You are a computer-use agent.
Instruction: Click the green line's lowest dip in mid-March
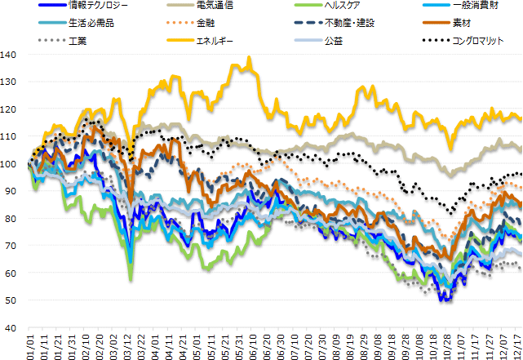(131, 280)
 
